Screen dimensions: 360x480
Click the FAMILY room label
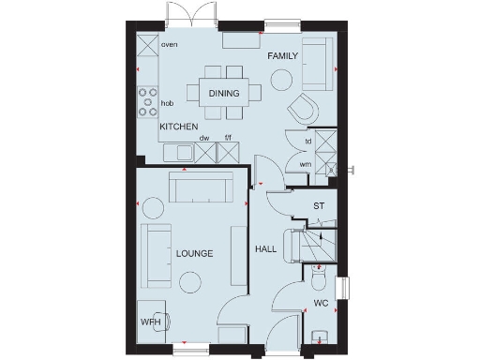coord(282,56)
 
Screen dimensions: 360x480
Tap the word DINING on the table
coord(223,93)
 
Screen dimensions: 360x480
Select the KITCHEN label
coord(177,126)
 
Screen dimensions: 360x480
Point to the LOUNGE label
coord(194,253)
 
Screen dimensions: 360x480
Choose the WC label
coord(320,303)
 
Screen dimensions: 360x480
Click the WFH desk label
coord(151,322)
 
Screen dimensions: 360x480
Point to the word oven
coord(170,44)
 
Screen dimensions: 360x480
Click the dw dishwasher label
coord(203,138)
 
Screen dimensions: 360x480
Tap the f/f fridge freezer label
coord(226,138)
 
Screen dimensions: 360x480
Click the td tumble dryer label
coord(307,142)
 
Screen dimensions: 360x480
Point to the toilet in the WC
coord(318,280)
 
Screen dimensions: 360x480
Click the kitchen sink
coord(180,152)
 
